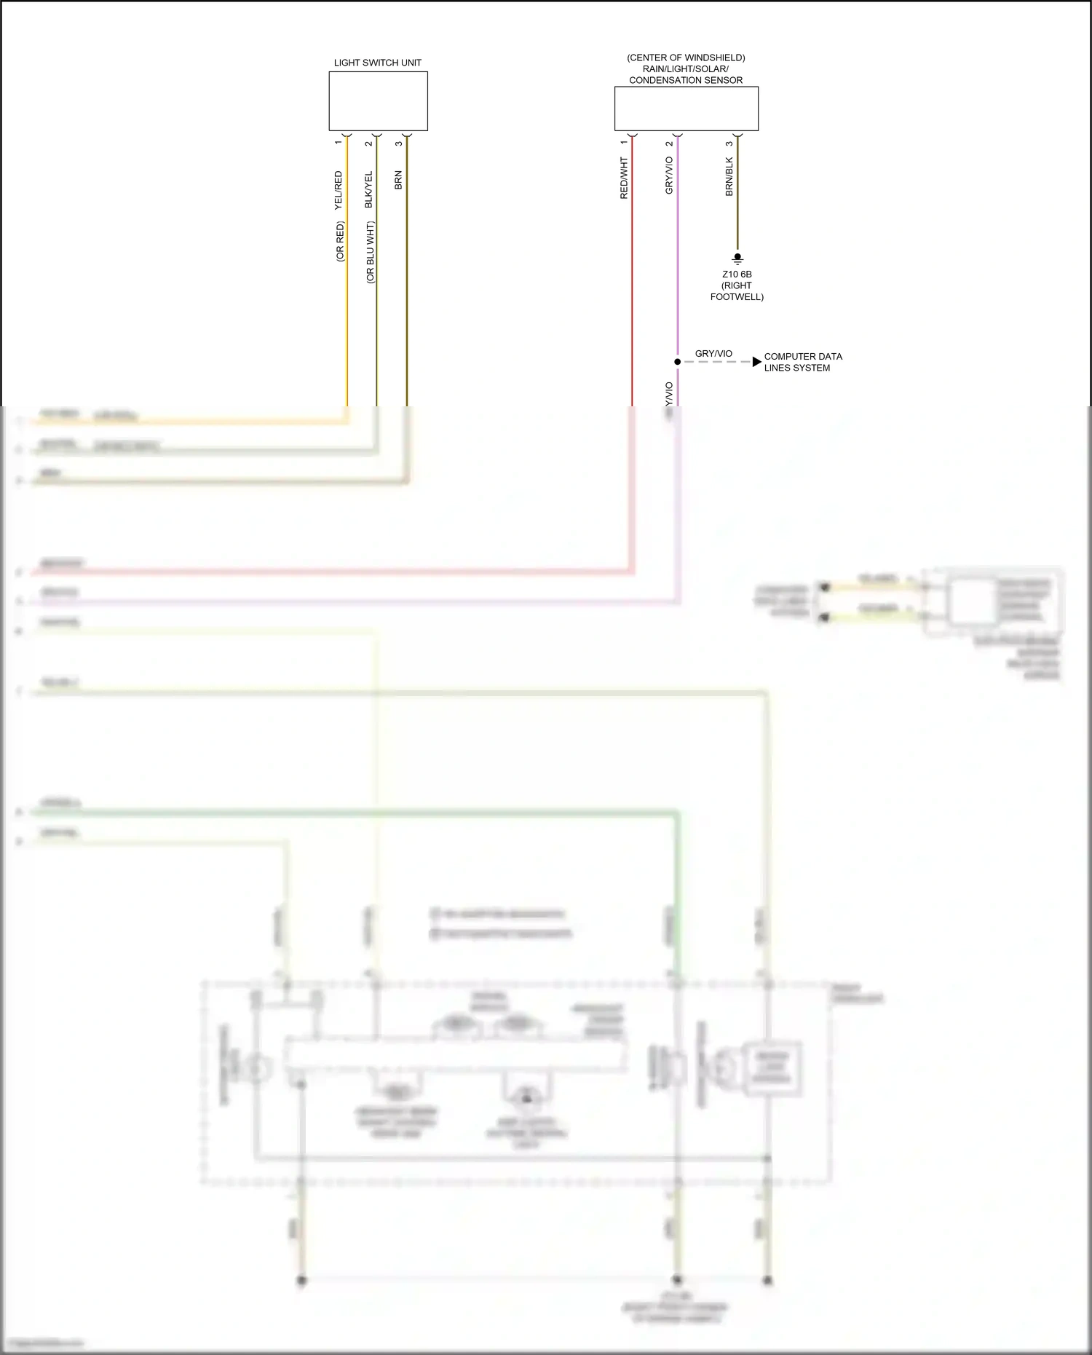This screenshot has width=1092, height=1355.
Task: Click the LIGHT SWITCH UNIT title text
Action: tap(377, 63)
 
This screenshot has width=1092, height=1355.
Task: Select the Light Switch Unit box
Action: tap(378, 101)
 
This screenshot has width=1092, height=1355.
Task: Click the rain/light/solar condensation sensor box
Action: tap(686, 109)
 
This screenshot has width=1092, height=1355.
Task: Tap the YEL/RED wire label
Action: tap(338, 191)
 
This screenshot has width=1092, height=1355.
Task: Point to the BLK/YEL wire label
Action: tap(368, 190)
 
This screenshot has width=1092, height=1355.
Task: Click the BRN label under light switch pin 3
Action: tap(398, 181)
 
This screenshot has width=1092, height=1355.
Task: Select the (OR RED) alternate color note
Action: tap(340, 242)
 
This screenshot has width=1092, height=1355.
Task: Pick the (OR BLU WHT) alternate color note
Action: tap(370, 253)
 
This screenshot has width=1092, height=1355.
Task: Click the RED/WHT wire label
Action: tap(624, 178)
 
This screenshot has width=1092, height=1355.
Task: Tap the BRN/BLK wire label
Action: tap(729, 177)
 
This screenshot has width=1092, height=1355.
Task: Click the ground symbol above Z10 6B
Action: tap(737, 258)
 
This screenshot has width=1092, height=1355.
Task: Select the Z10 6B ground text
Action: tap(737, 274)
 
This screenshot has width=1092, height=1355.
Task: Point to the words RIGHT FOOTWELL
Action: tap(737, 291)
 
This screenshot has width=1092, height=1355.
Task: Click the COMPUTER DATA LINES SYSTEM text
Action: tap(802, 362)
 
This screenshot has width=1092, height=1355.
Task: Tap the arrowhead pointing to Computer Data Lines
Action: tap(757, 361)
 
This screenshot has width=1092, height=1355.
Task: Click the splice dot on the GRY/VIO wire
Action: tap(677, 361)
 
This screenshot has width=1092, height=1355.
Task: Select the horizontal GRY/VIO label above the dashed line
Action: tap(713, 354)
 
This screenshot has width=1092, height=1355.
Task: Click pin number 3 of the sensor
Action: tap(729, 143)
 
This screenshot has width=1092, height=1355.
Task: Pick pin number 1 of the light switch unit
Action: tap(338, 143)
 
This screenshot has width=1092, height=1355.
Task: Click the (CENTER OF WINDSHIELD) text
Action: tap(686, 58)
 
